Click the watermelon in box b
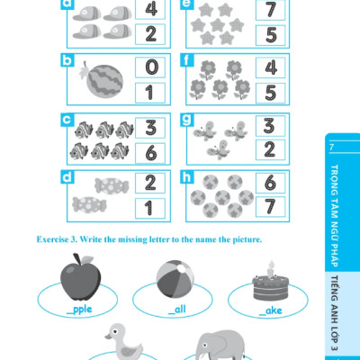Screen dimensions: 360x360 coord(104,80)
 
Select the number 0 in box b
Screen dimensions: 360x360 coord(151,67)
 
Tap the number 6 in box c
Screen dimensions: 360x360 coord(151,153)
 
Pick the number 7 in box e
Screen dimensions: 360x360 coord(271,10)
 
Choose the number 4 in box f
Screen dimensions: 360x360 coord(271,67)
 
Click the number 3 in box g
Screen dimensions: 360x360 coord(269,126)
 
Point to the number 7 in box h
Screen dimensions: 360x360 coord(270,206)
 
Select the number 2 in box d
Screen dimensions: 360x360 coord(150,182)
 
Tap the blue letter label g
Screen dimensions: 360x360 coord(187,120)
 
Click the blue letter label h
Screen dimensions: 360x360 coord(187,177)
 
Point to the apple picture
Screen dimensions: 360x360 coord(80,277)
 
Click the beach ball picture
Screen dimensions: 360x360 coord(175,279)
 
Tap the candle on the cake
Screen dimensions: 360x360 coord(271,270)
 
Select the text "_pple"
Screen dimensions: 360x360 coord(79,310)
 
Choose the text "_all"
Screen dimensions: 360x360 coord(177,309)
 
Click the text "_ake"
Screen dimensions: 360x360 coord(270,310)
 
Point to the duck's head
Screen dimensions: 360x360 coord(116,332)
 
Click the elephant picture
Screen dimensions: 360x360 coord(220,345)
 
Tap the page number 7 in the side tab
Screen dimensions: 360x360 coord(331,148)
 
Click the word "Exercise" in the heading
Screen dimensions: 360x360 coord(52,239)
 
